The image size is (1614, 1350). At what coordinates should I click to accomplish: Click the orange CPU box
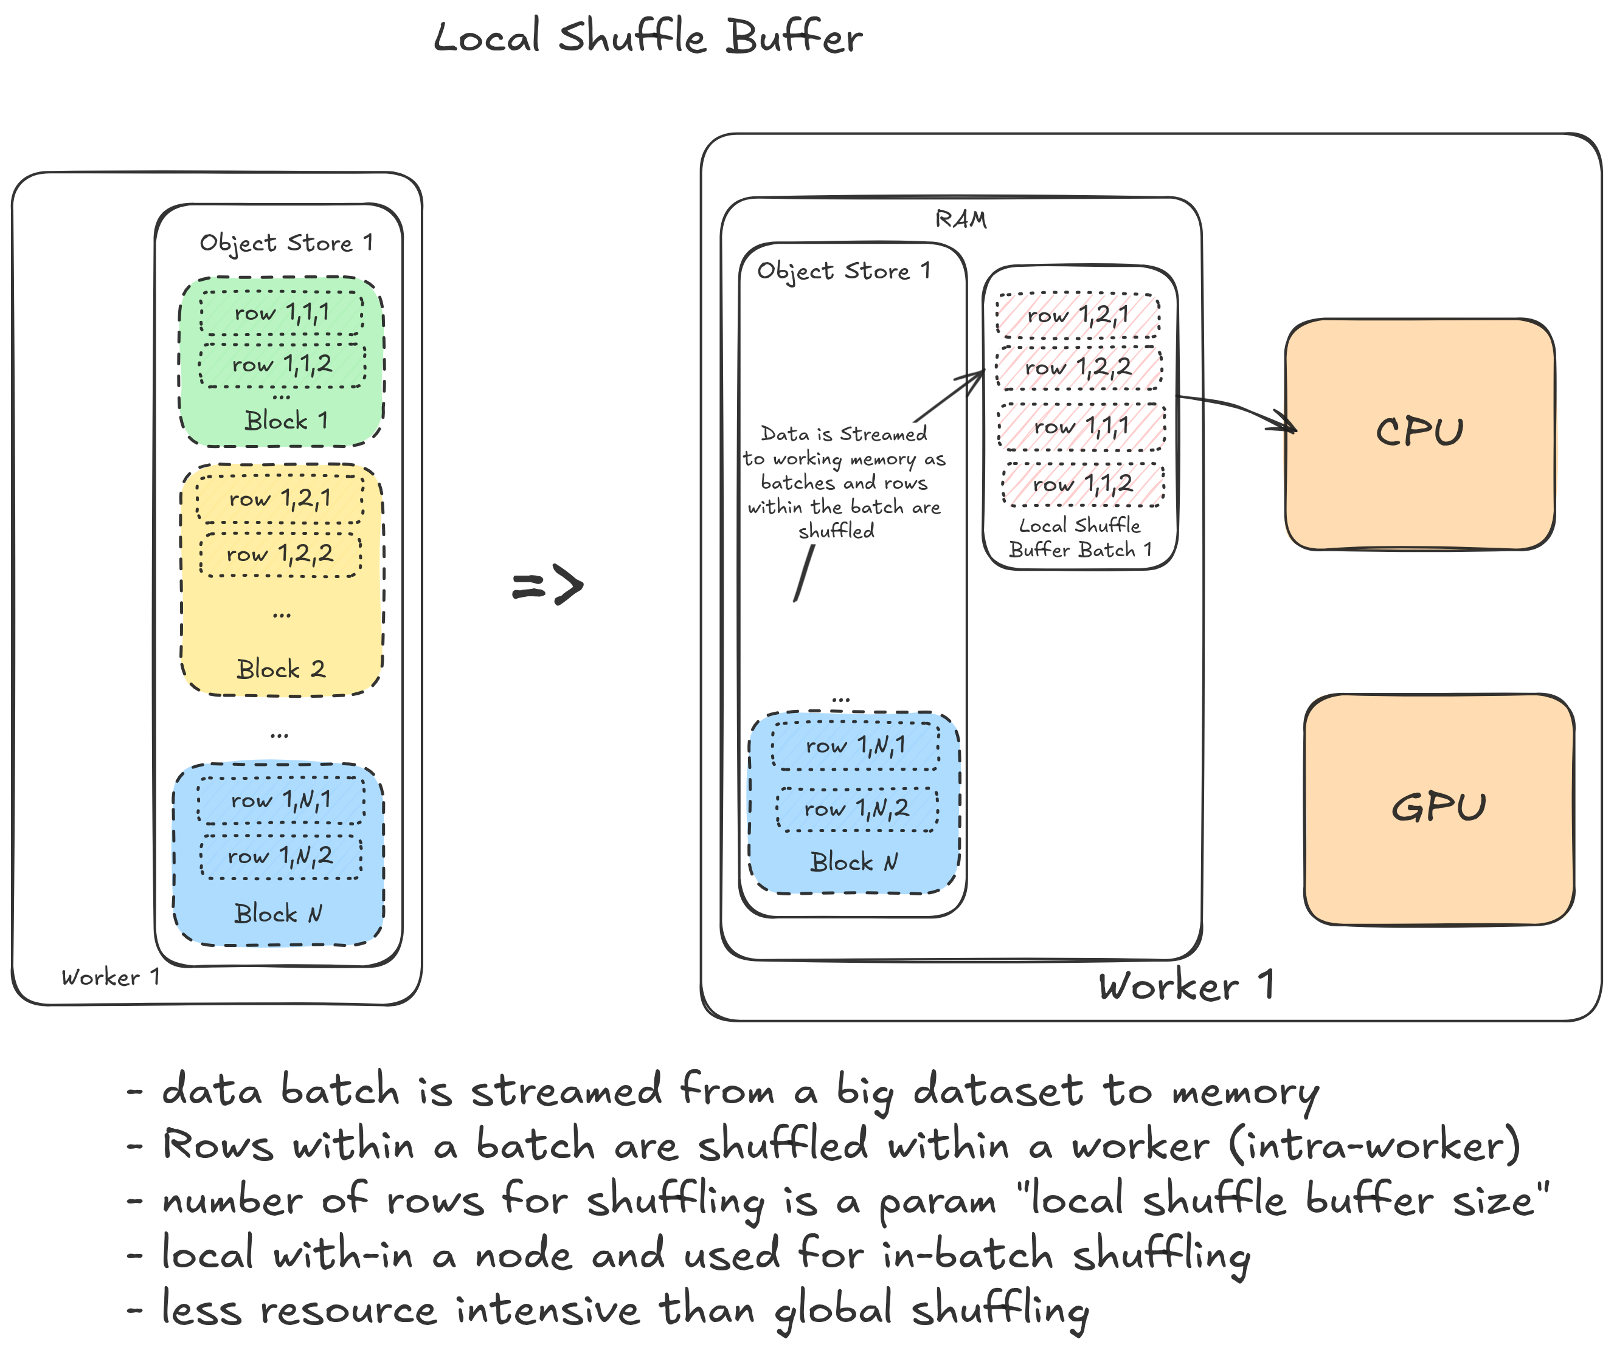tap(1419, 434)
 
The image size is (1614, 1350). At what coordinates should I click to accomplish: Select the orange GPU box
tap(1438, 809)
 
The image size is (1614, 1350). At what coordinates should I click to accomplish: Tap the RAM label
tap(961, 220)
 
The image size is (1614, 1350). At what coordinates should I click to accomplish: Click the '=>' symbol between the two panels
tap(548, 585)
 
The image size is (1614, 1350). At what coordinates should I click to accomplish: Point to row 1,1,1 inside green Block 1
tap(282, 312)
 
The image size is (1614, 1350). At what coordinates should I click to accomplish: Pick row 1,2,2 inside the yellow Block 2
tap(280, 554)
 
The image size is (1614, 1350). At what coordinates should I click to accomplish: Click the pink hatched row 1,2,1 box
tap(1078, 315)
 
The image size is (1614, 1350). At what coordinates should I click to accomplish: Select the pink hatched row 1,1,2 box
tap(1082, 484)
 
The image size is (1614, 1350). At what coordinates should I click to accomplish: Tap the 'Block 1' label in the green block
tap(286, 421)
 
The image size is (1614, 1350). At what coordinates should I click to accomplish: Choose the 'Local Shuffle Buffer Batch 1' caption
tap(1080, 538)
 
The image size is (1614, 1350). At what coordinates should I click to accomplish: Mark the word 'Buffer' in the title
tap(795, 37)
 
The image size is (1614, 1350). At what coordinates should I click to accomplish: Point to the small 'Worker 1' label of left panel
tap(111, 977)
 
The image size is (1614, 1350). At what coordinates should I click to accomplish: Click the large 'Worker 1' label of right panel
tap(1186, 986)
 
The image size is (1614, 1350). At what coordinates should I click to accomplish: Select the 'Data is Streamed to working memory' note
tap(843, 482)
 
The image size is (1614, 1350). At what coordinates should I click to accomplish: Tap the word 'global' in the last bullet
tap(833, 1310)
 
